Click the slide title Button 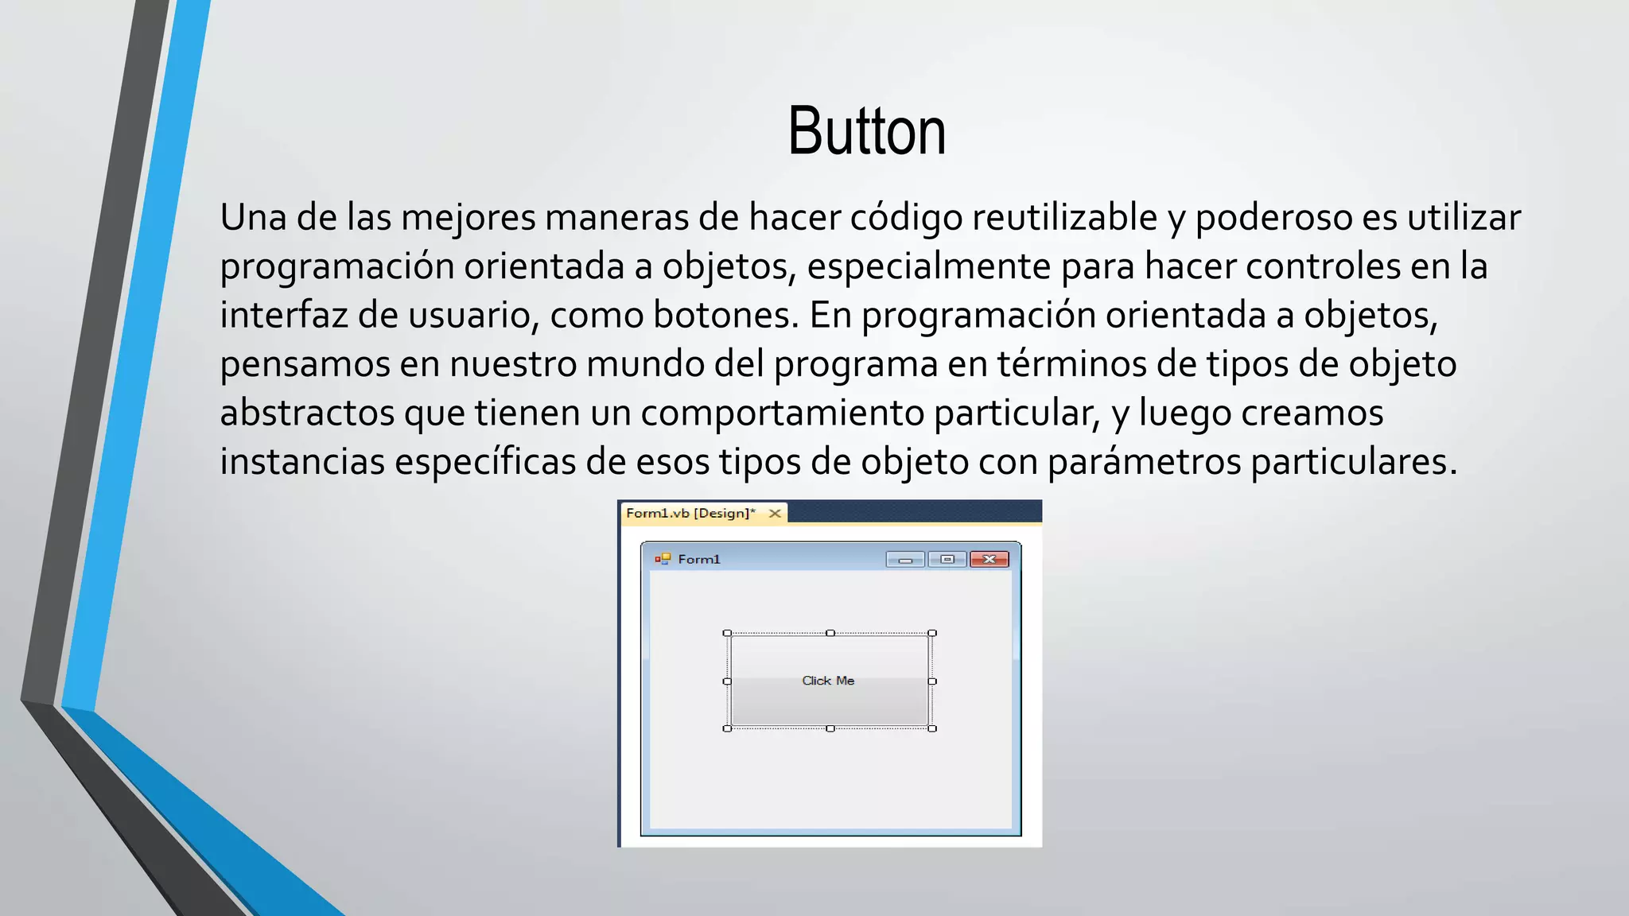click(866, 131)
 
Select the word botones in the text click(725, 315)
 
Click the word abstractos click(307, 413)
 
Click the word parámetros click(1144, 462)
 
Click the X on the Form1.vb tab click(775, 514)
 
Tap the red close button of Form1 click(989, 560)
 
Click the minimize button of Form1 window click(905, 560)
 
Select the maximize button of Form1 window click(947, 560)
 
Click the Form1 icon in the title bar click(663, 559)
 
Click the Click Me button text click(828, 681)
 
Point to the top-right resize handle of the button click(932, 634)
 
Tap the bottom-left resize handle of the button click(727, 728)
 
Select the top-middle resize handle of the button click(830, 634)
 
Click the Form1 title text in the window click(699, 560)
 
